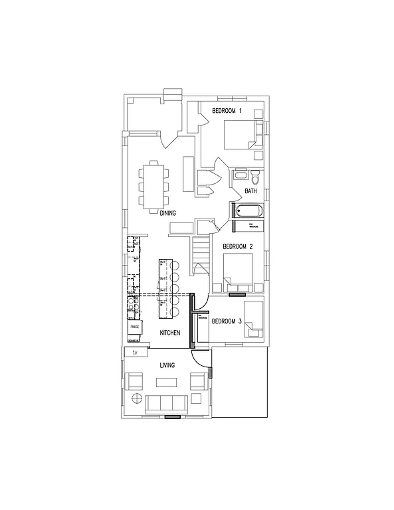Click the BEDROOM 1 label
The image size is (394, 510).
pos(227,110)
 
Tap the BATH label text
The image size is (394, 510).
pos(250,191)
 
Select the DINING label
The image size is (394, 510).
pos(167,212)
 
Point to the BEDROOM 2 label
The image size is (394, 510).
pos(238,246)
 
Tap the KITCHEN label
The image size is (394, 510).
pos(170,332)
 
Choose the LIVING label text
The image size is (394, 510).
pos(166,365)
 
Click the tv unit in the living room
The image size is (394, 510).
pos(136,352)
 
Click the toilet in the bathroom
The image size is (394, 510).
pos(255,177)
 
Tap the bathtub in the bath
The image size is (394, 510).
pos(248,212)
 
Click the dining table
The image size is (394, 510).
pos(153,187)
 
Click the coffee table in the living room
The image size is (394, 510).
pos(166,382)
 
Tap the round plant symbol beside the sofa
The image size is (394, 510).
pos(136,399)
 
